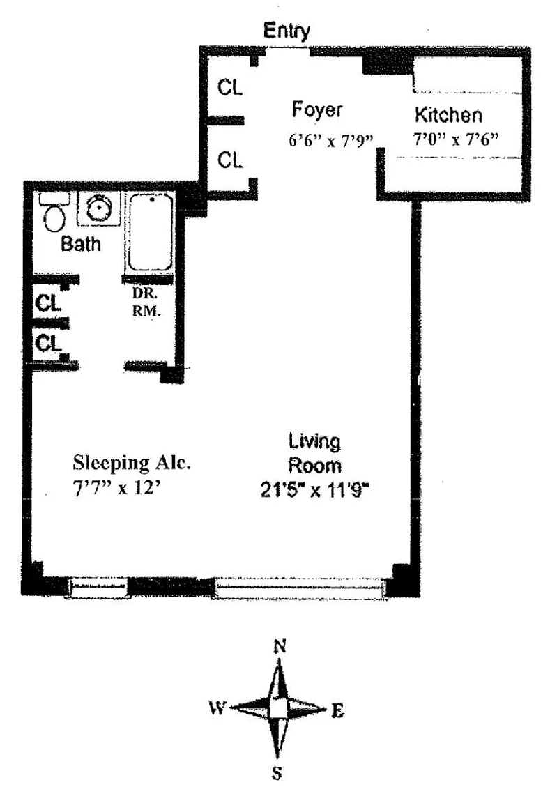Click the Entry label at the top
287,31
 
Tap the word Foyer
317,109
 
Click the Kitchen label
448,115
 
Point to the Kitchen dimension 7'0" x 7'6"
456,138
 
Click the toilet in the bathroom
54,214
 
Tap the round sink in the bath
98,208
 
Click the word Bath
81,244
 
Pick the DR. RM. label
146,302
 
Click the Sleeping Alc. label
132,462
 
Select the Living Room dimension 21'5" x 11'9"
314,491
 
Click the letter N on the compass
280,647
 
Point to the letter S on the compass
277,772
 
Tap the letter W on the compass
217,708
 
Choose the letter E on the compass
337,711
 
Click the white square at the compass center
277,710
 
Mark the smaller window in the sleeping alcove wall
98,587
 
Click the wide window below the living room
299,587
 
